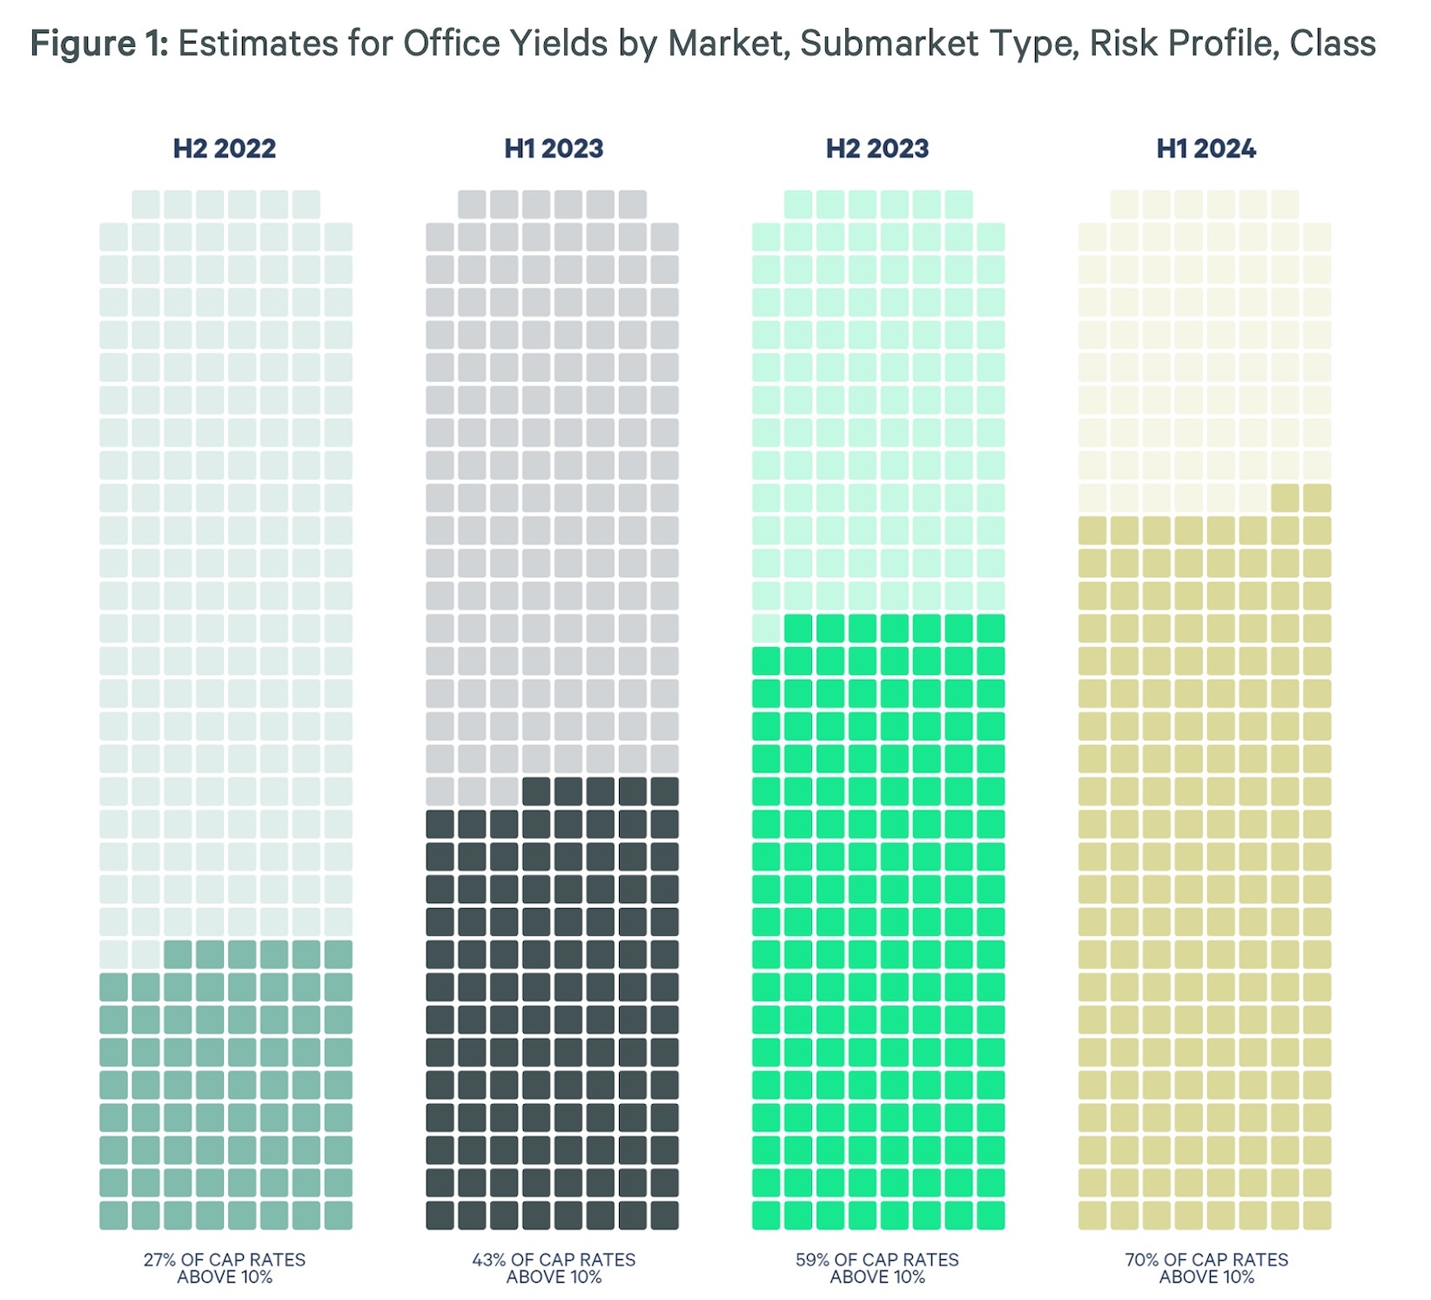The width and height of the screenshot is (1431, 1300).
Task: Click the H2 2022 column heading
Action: point(225,149)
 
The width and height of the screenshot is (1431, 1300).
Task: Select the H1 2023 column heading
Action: point(554,149)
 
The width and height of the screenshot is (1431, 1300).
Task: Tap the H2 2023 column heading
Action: point(877,149)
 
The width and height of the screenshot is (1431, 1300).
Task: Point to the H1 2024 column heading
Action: point(1206,149)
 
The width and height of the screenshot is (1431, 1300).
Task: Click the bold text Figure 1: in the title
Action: point(99,44)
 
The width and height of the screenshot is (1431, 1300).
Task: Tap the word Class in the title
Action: point(1333,44)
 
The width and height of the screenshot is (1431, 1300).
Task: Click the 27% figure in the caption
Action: point(160,1260)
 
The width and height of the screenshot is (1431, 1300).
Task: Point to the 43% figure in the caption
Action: point(489,1260)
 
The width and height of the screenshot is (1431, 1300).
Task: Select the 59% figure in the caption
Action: point(812,1260)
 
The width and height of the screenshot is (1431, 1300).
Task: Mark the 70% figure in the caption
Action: point(1142,1260)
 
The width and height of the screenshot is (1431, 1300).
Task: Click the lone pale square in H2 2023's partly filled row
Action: point(766,628)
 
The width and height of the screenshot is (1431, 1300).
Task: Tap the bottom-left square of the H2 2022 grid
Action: point(113,1216)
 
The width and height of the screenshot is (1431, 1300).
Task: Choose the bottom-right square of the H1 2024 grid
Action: point(1317,1216)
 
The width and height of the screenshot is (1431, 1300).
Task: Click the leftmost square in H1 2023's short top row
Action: point(472,205)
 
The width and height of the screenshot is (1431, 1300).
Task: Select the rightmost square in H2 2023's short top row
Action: point(958,205)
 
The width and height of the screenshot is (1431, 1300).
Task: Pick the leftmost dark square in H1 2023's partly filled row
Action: point(536,791)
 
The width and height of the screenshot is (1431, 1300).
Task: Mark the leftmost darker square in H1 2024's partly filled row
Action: point(1285,498)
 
